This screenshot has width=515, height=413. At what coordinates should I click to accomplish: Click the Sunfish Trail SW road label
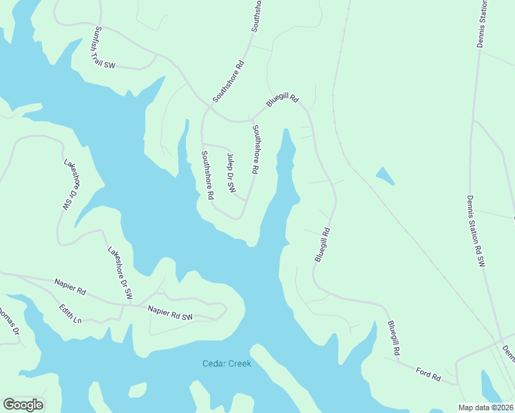click(x=104, y=47)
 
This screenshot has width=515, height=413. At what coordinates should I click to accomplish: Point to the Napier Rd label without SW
click(x=70, y=287)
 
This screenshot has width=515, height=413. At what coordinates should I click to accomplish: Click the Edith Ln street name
click(x=70, y=315)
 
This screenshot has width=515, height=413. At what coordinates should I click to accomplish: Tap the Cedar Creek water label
click(x=227, y=363)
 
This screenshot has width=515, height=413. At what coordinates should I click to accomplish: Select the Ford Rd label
click(x=428, y=374)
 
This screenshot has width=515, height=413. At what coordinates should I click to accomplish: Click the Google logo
click(x=23, y=405)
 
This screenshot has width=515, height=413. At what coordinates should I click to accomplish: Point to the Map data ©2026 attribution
click(x=485, y=407)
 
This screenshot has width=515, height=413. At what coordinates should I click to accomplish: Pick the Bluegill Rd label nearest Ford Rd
click(x=393, y=337)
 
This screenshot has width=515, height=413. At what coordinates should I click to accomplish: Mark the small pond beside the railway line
click(x=386, y=176)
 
